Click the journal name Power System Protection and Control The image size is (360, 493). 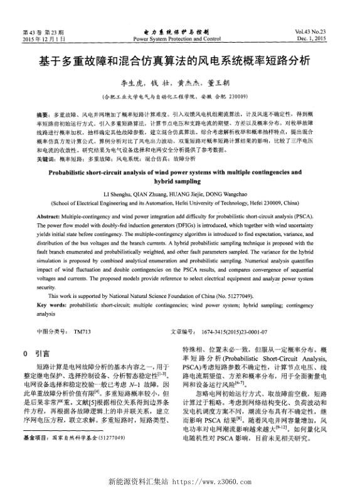click(177, 39)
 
